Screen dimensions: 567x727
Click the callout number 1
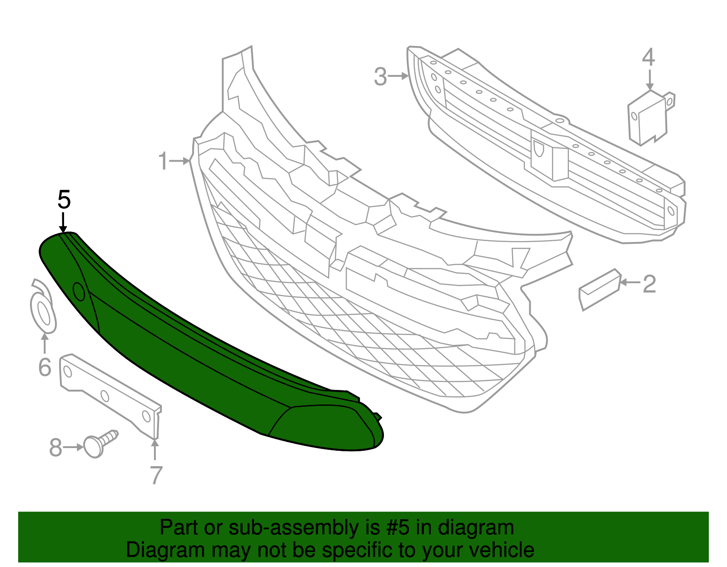[x=163, y=161]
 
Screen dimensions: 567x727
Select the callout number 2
[x=649, y=284]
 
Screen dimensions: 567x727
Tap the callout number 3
[x=380, y=77]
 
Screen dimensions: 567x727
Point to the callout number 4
[x=648, y=58]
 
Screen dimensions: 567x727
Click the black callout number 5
[x=64, y=200]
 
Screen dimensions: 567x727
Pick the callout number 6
[x=45, y=367]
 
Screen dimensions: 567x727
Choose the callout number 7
[x=156, y=475]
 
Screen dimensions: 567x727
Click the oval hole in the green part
[x=79, y=291]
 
